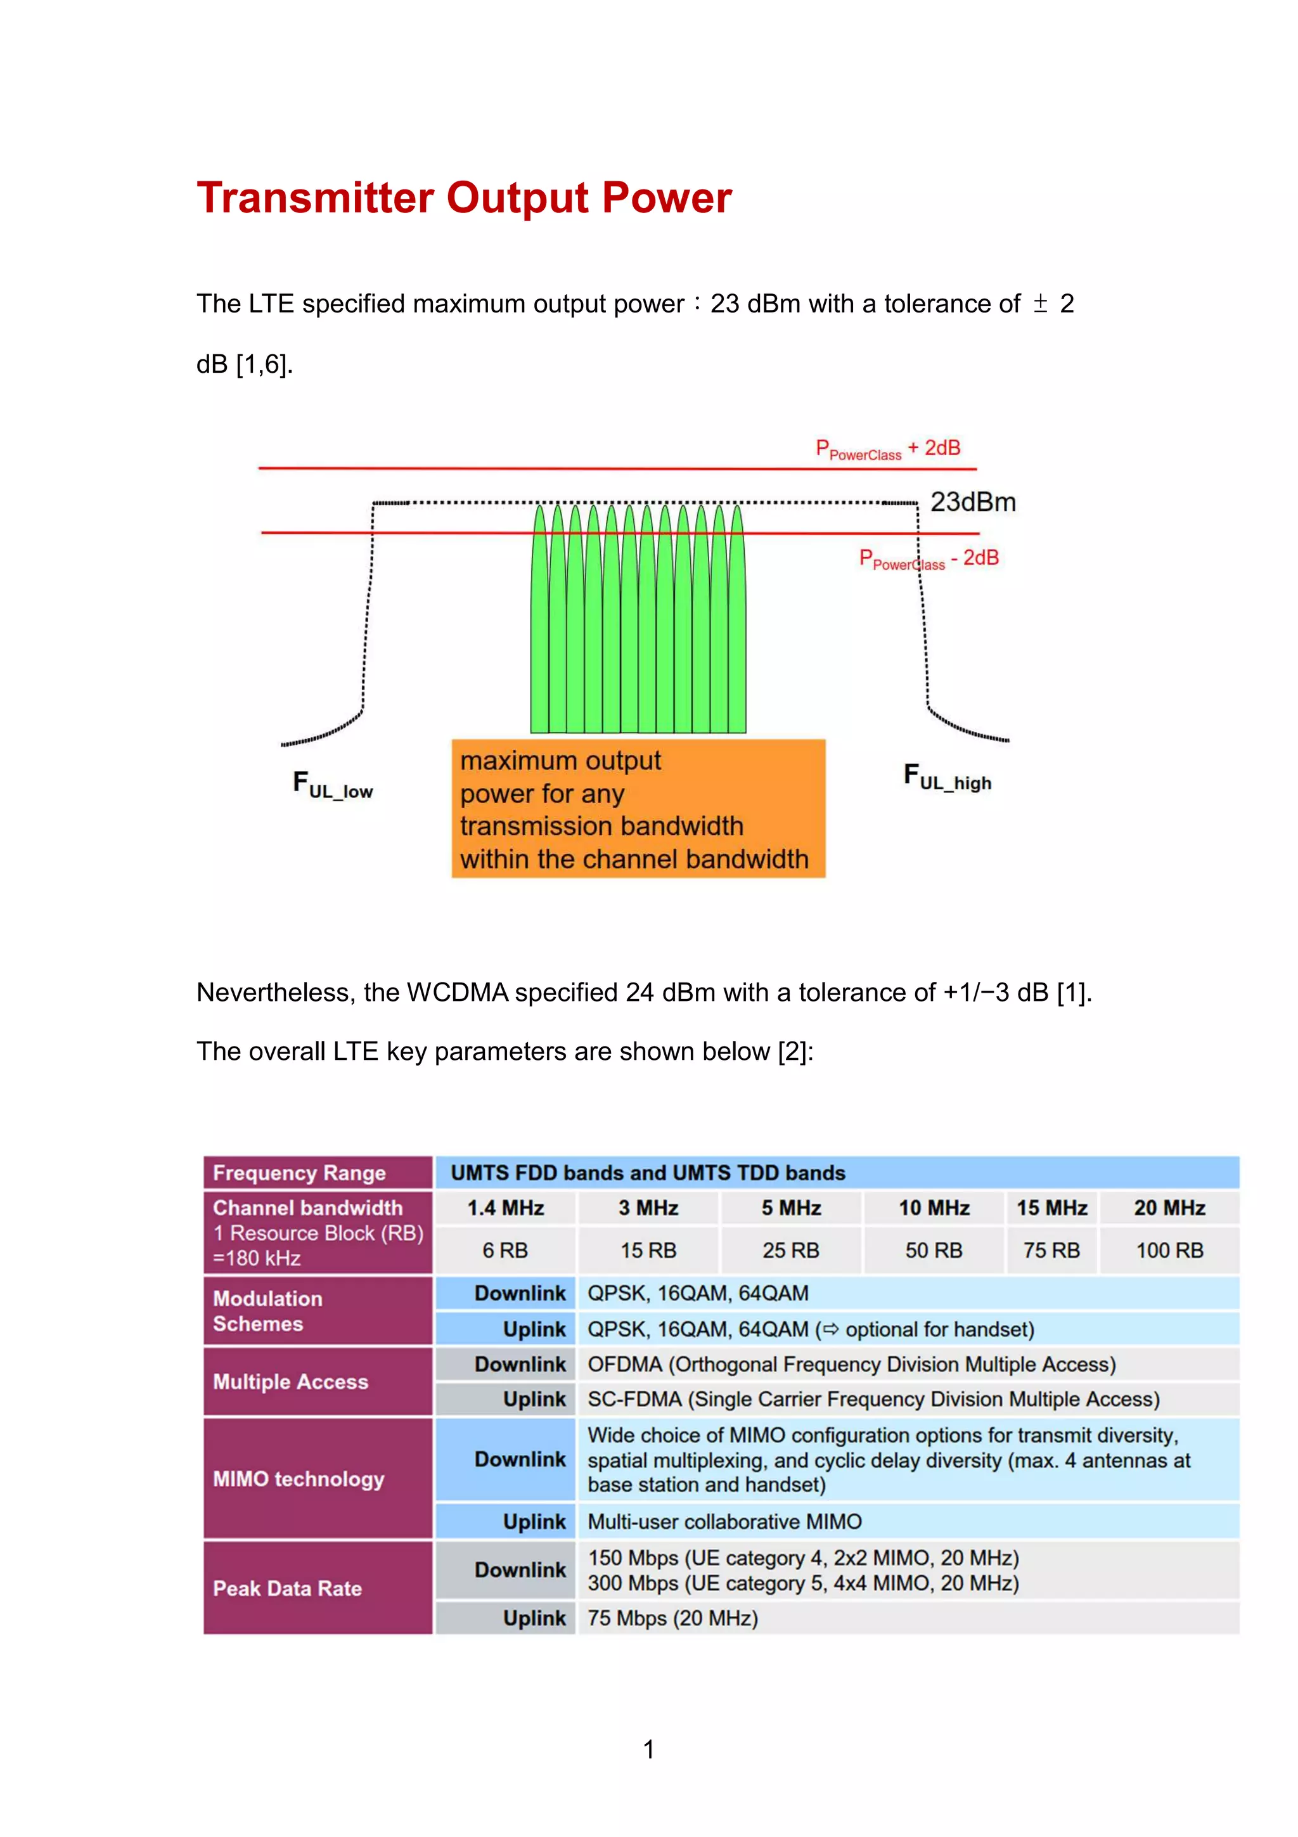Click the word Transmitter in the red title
click(315, 198)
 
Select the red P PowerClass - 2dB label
click(929, 559)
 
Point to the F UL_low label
click(333, 785)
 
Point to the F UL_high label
click(947, 777)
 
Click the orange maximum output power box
click(638, 809)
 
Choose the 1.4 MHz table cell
click(505, 1208)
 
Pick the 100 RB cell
click(1169, 1251)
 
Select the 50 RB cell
click(934, 1251)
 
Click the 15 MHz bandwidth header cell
click(1051, 1208)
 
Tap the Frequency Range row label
click(299, 1173)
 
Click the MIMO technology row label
click(299, 1479)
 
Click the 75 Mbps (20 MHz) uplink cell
click(672, 1618)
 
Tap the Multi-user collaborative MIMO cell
click(724, 1522)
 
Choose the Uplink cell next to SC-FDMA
click(534, 1400)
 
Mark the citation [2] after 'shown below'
click(793, 1052)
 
